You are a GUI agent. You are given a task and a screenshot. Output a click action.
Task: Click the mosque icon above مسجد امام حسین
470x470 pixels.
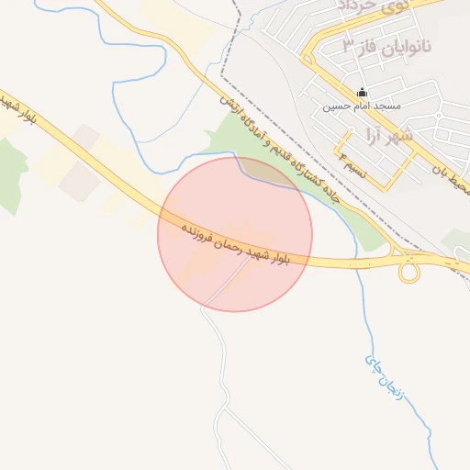[x=362, y=93]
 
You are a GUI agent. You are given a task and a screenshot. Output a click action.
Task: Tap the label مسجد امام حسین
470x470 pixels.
[x=362, y=106]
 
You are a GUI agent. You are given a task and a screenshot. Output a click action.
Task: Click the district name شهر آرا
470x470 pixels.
[x=415, y=135]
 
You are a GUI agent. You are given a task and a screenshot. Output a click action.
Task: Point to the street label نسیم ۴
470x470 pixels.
[x=354, y=169]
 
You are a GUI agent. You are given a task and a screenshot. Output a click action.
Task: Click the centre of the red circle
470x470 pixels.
[x=235, y=234]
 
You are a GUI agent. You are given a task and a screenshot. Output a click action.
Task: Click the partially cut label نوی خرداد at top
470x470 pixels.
[x=367, y=7]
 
